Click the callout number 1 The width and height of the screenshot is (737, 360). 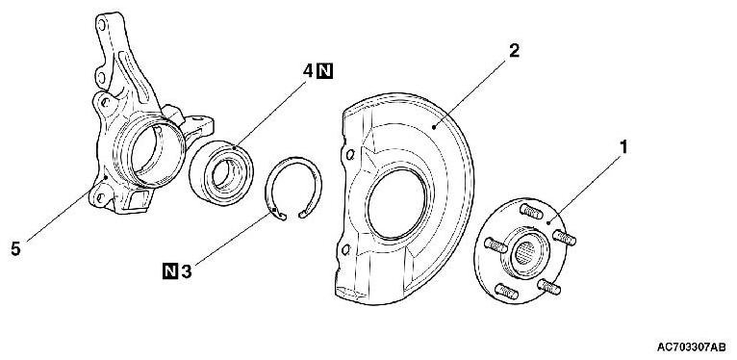click(623, 147)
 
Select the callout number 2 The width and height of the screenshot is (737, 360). click(515, 51)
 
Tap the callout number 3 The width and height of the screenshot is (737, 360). click(187, 271)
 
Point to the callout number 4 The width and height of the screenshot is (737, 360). click(307, 71)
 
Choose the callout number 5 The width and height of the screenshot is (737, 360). click(16, 249)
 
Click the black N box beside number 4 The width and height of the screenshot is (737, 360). click(325, 71)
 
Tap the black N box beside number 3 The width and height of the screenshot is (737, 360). click(170, 271)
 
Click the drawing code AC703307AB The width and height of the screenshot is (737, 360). click(692, 347)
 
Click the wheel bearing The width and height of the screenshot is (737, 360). click(221, 172)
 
